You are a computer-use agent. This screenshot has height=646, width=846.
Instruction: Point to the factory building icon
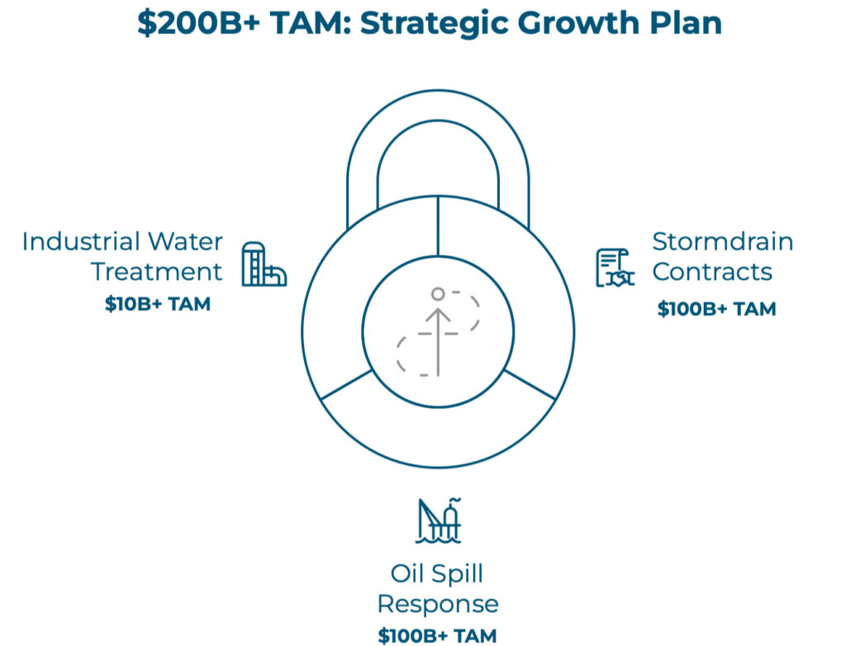pos(264,264)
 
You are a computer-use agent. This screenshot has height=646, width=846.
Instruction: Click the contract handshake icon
pos(615,267)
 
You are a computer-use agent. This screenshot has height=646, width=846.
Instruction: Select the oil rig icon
pos(438,520)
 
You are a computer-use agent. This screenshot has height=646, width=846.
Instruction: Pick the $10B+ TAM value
pos(158,304)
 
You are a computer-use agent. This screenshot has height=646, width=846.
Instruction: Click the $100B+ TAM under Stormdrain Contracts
pos(716,309)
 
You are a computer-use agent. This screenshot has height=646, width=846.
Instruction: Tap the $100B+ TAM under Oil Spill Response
pos(437,636)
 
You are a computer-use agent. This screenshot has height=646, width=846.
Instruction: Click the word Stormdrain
pos(722,241)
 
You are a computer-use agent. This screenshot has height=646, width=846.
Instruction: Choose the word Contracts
pos(712,272)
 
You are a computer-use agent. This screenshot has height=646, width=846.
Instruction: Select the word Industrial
pos(81,241)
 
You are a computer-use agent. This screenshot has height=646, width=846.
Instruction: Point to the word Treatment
pos(156,272)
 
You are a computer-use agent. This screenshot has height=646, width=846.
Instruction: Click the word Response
pos(438,604)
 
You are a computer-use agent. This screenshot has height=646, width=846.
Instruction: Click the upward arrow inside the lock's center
pos(438,342)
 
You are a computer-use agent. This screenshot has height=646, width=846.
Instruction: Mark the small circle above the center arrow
pos(438,294)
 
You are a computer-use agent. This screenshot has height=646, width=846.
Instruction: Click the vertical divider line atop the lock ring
pos(438,226)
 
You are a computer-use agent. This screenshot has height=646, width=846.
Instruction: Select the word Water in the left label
pos(185,241)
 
